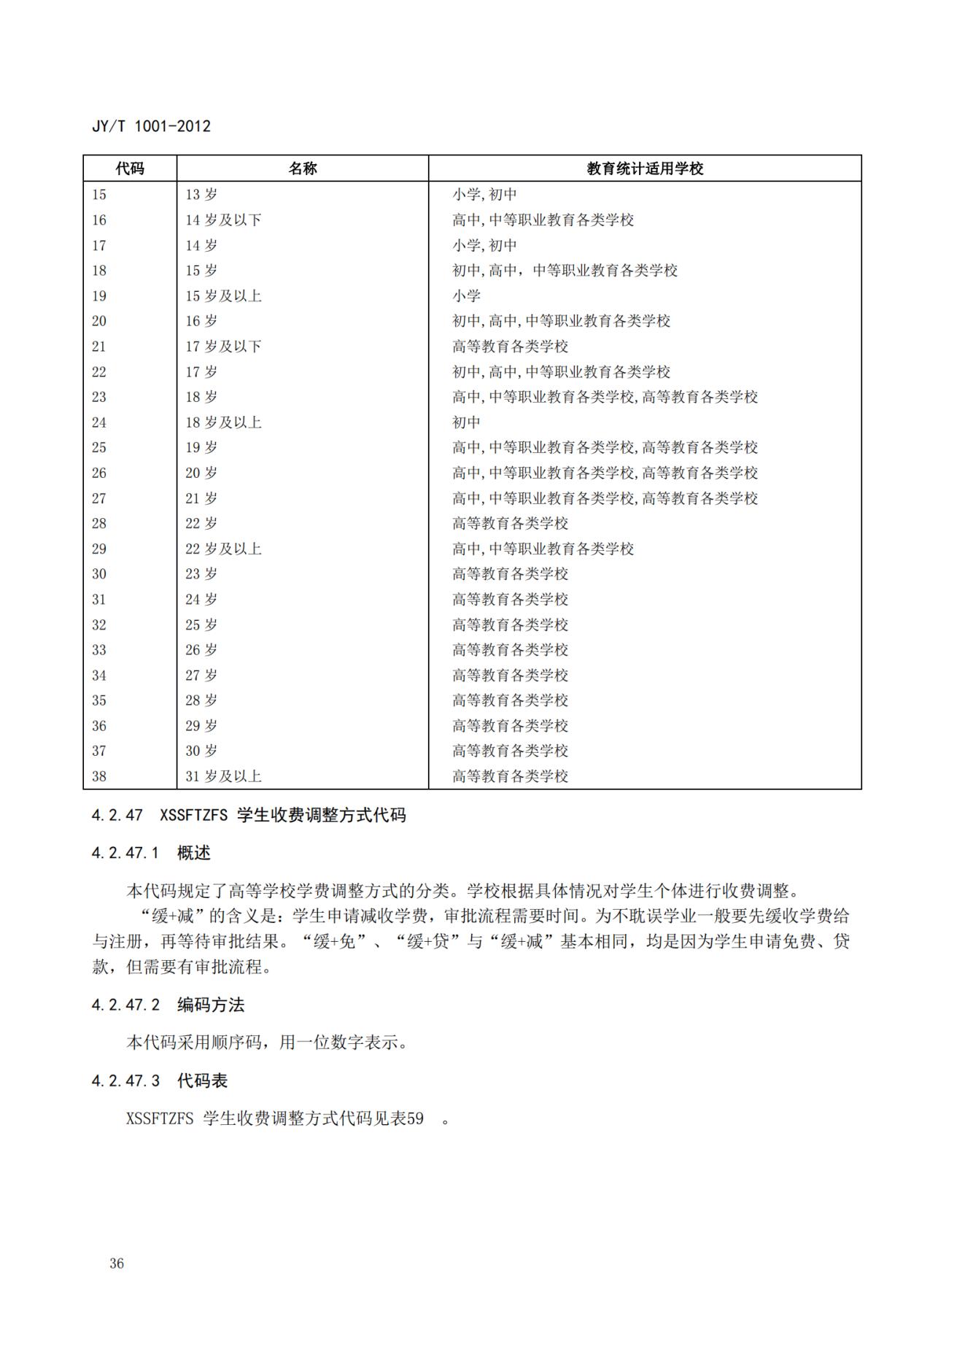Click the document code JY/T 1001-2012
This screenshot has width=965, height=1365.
tap(151, 126)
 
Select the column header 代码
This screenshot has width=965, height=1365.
tap(130, 169)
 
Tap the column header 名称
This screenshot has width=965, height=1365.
tap(303, 169)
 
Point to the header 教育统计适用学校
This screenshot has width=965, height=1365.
tap(645, 169)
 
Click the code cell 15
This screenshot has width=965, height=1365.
tap(99, 195)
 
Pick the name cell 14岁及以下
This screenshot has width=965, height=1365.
tap(223, 220)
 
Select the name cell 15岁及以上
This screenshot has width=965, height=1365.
tap(223, 296)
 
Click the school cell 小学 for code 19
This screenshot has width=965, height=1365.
tap(466, 296)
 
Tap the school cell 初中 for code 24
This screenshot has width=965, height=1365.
tap(466, 422)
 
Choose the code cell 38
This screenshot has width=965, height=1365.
tap(99, 776)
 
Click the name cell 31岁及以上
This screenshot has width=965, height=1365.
tap(223, 776)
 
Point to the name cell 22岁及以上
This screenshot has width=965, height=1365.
tap(223, 549)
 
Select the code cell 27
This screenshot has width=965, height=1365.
tap(99, 498)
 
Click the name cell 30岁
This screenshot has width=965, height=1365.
tap(201, 751)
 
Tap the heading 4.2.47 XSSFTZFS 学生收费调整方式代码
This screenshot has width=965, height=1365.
tap(249, 815)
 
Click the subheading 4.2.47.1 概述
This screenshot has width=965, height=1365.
tap(151, 853)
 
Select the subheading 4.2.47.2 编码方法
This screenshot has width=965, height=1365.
tap(168, 1005)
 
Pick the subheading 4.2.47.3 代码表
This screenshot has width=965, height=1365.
tap(160, 1080)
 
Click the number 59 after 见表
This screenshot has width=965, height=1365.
tap(415, 1118)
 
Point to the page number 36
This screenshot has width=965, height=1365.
tap(117, 1264)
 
